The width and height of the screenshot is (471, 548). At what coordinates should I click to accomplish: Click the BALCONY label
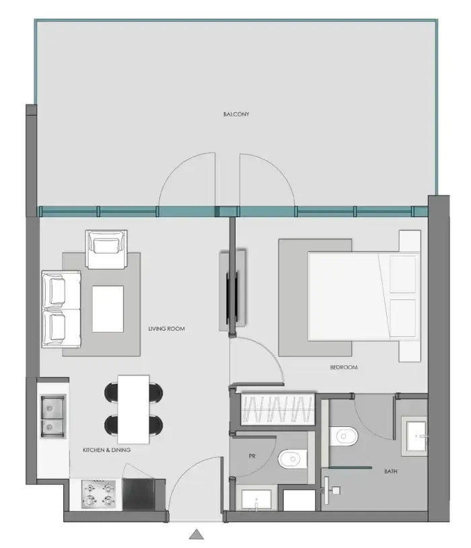coord(236,114)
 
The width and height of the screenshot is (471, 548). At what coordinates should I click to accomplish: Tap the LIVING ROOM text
coord(166,329)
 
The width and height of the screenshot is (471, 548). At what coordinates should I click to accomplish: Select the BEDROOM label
coord(343,367)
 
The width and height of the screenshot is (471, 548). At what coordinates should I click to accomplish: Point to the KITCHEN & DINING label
coord(106,450)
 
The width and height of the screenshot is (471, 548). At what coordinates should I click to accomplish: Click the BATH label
coord(390,471)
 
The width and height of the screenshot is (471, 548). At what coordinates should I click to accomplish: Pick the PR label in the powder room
coord(252,456)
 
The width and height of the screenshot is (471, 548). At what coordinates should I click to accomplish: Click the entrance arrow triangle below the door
coord(196,535)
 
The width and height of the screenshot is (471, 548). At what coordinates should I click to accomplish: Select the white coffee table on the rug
coord(108,309)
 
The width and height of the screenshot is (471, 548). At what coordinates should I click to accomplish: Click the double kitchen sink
coord(54,417)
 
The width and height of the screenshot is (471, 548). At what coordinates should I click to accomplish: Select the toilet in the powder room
coord(290,459)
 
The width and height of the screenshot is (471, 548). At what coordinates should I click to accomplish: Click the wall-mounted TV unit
coord(233,290)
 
